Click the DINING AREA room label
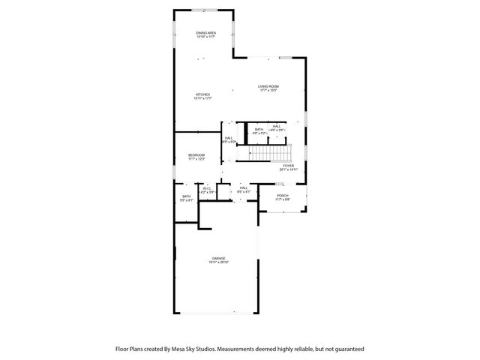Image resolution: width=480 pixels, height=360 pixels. pos(205,33)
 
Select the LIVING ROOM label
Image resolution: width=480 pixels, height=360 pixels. pos(268,86)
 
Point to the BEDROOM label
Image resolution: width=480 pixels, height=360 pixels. pos(196,155)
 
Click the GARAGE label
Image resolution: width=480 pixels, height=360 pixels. pos(219,258)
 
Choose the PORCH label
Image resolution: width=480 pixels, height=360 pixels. pos(282,196)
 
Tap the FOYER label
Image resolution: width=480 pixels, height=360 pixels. pos(289,166)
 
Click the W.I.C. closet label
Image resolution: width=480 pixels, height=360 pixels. pos(206,188)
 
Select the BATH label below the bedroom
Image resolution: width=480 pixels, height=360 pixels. pos(186,196)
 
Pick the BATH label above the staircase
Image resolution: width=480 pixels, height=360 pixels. pos(259,129)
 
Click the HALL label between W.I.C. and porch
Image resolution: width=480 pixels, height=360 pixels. pos(244,188)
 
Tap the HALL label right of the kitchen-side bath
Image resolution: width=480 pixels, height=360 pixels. pos(277,126)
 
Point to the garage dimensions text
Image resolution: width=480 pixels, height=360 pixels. pos(219,262)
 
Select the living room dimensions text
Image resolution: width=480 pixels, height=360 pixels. pos(268,91)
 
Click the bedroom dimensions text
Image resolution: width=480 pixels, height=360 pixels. pos(196,159)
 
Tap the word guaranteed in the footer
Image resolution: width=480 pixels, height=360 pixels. pos(348,349)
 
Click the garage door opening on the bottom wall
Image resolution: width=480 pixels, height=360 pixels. pos(217,313)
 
